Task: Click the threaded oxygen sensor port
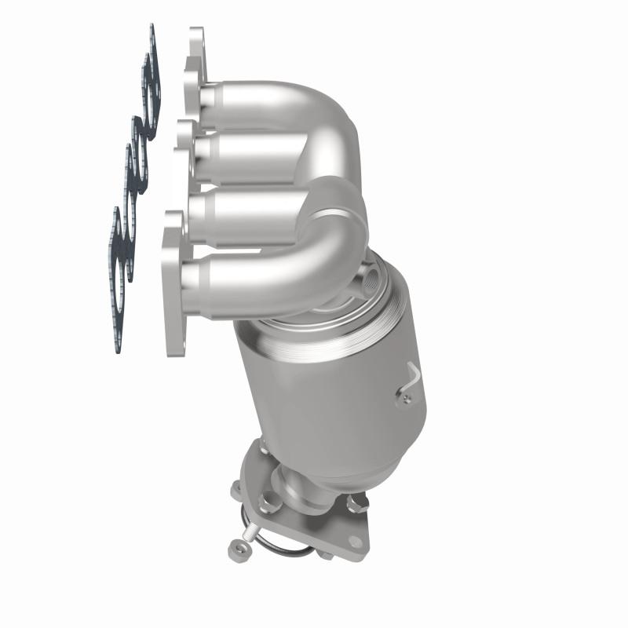371,276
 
